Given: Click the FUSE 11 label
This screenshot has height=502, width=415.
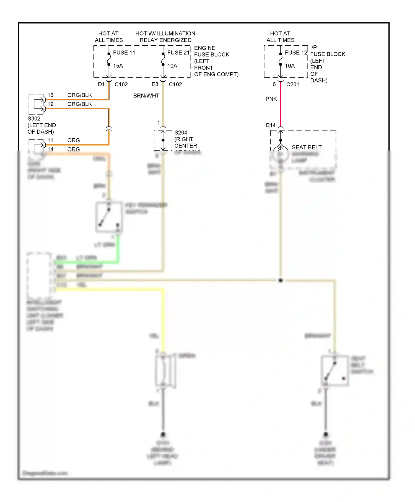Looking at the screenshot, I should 124,53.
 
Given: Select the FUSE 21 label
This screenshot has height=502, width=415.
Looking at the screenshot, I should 178,53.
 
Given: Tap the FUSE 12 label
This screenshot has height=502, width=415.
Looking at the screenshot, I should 296,53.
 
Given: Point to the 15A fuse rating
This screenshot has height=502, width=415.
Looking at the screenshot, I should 118,66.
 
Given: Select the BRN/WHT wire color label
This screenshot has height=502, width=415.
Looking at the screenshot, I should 146,96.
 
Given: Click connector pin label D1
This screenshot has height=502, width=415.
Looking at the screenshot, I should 101,84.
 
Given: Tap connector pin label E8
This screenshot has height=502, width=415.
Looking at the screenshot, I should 155,84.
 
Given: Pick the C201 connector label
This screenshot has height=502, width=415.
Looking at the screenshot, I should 292,84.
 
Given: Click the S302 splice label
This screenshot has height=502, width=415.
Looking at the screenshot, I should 34,119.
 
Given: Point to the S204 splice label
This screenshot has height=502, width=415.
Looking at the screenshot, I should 181,133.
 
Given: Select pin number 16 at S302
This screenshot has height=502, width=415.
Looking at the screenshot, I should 50,95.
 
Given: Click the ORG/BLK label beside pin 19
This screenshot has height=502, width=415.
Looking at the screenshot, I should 80,104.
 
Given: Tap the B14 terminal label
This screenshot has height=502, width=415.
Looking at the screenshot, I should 271,125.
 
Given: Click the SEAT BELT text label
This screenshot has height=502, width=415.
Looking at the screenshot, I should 307,148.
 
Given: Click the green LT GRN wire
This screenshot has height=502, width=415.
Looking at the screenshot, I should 118,249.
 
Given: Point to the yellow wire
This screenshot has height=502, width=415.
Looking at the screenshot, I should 163,318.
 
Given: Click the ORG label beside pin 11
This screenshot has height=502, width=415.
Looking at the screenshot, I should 74,141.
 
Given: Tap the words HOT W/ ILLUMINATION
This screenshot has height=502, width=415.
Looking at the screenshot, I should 165,33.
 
